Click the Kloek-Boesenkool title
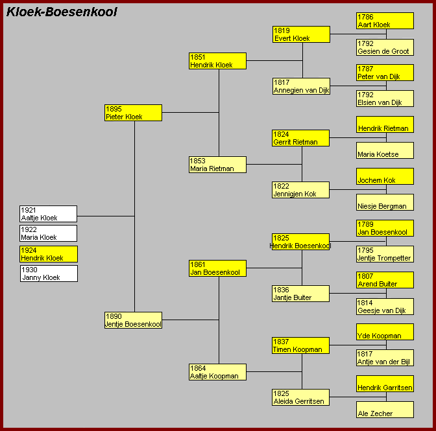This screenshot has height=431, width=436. (62, 12)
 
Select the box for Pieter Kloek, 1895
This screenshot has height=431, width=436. (133, 113)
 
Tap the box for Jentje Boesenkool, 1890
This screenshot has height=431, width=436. (133, 320)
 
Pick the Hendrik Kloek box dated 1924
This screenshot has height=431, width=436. (49, 254)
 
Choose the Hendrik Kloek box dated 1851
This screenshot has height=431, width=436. (217, 61)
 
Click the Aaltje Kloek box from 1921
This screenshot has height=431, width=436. (49, 214)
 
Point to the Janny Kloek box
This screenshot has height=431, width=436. (49, 274)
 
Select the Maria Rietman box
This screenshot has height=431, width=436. (217, 165)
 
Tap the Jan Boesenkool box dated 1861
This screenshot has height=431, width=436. (217, 268)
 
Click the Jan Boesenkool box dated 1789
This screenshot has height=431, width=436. (385, 228)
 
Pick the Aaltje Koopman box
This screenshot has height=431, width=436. (217, 372)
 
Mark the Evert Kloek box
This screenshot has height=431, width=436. (302, 34)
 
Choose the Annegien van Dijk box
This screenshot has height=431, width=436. (302, 86)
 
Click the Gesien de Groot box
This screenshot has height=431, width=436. (385, 47)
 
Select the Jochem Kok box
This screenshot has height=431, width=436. (385, 176)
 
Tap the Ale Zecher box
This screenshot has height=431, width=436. (385, 410)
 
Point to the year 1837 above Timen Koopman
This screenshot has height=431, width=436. (281, 342)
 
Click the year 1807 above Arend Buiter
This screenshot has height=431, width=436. (365, 276)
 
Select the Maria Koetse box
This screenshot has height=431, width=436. (385, 150)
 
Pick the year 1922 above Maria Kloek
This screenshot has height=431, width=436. (29, 229)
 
